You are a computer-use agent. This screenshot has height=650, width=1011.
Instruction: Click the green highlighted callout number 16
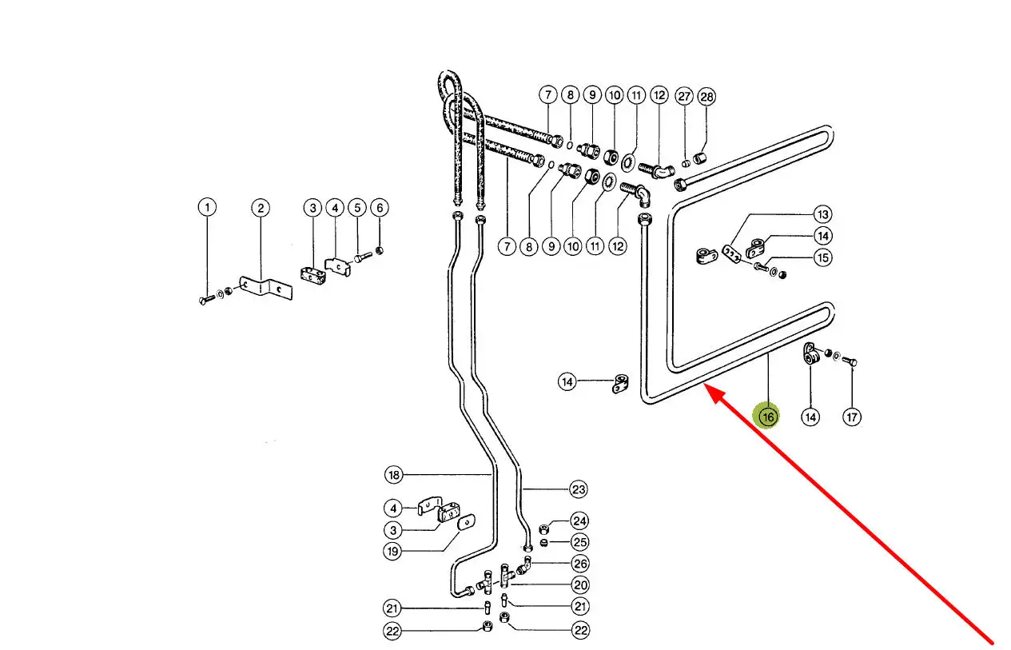[x=768, y=417]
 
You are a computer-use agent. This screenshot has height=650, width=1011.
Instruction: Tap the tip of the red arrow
[x=707, y=388]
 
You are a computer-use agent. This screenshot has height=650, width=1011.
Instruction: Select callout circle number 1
[x=207, y=208]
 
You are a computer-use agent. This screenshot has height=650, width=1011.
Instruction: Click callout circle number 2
[x=261, y=208]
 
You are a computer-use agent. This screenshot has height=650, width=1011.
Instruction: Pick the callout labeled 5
[x=357, y=208]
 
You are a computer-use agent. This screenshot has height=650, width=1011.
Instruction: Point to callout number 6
[x=380, y=208]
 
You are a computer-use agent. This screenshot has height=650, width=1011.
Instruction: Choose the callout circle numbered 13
[x=823, y=214]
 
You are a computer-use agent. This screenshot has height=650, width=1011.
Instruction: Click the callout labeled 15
[x=823, y=257]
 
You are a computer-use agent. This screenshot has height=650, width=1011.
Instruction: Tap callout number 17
[x=853, y=417]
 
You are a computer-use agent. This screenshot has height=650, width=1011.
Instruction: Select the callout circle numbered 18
[x=393, y=475]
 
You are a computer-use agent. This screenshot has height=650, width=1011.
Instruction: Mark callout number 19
[x=393, y=551]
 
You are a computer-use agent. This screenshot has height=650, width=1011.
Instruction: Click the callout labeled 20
[x=580, y=584]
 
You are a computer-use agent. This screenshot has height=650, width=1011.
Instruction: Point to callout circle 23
[x=579, y=489]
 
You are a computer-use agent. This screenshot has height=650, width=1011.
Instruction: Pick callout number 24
[x=579, y=521]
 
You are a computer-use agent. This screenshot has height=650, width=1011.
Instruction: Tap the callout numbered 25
[x=579, y=542]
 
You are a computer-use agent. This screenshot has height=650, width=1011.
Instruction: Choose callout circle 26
[x=580, y=563]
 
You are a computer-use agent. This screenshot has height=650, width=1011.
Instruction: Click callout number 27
[x=684, y=97]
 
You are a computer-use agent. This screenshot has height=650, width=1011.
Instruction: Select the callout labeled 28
[x=707, y=97]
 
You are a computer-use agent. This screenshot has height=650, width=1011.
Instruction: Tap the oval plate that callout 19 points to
[x=464, y=521]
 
